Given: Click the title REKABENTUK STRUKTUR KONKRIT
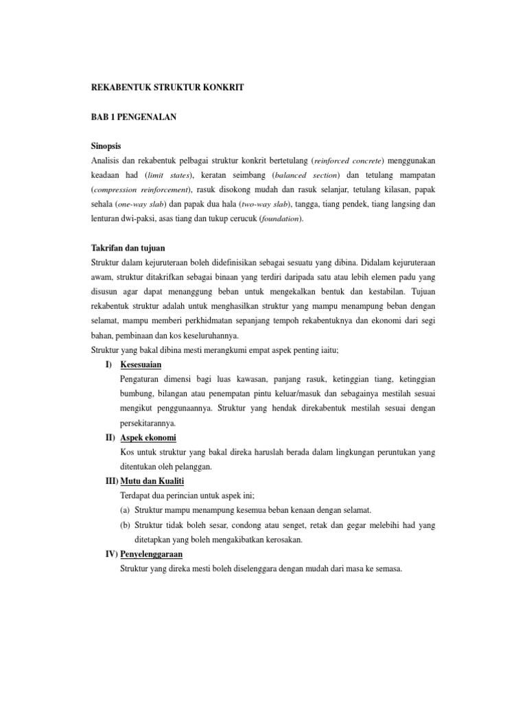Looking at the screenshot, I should point(167,89).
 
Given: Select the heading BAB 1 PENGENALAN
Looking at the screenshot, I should point(134,117).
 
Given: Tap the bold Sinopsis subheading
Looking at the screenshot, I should point(110,146).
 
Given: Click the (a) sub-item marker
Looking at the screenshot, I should point(126,510).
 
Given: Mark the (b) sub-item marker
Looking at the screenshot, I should point(126,525).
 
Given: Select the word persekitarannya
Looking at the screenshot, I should point(149,423).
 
